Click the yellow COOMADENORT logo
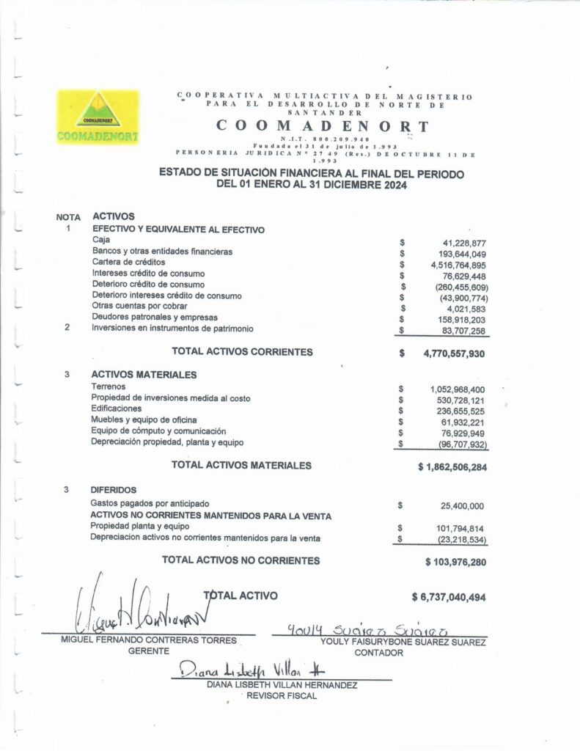point(98,116)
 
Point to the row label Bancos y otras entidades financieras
point(162,252)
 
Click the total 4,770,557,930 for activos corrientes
point(455,353)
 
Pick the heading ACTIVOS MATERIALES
point(144,375)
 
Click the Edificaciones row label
point(117,409)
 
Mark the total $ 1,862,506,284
point(452,466)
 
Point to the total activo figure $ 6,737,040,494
point(449,597)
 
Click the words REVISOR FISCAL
point(282,696)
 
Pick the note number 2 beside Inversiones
point(67,328)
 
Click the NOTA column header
point(67,217)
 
